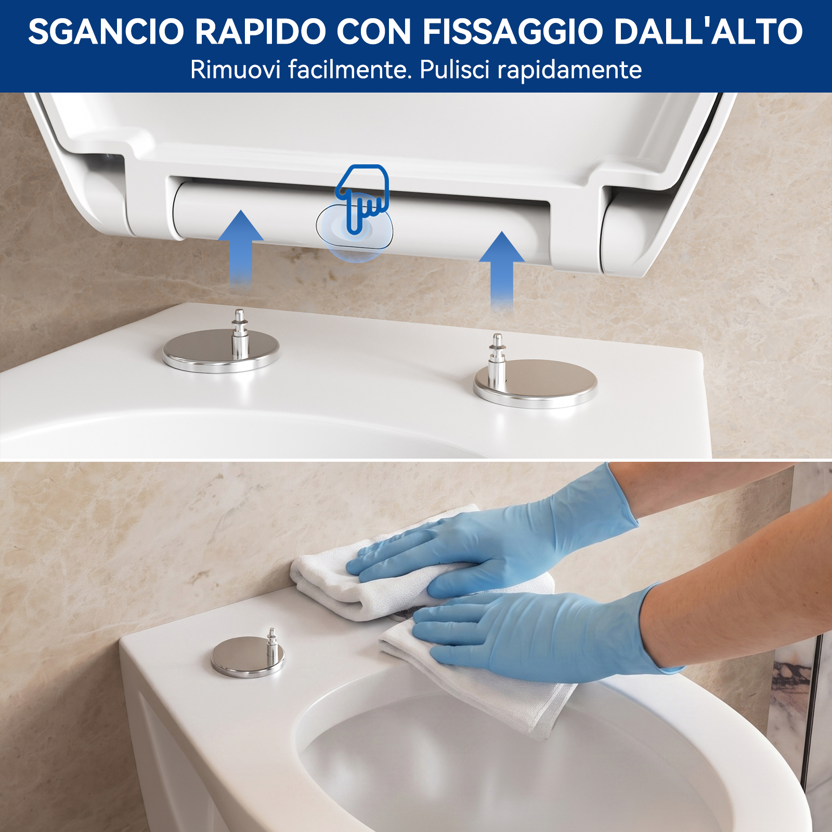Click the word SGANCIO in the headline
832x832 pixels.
106,32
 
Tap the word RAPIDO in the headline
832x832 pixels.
261,32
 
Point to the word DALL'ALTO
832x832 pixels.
708,32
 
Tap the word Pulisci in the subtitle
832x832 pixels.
454,70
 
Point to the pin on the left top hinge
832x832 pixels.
239,333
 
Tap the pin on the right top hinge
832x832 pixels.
497,359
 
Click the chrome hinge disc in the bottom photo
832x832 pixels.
248,657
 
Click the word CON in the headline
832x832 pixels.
374,32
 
